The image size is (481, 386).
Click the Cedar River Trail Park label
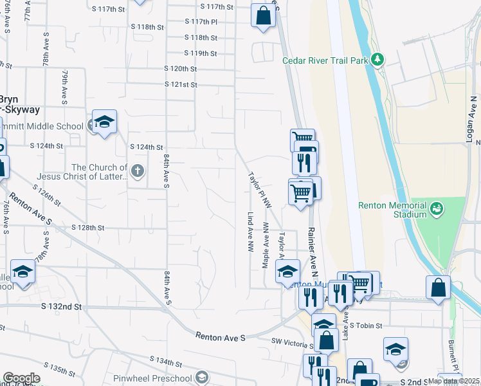[326, 60]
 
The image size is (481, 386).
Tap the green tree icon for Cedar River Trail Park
[378, 60]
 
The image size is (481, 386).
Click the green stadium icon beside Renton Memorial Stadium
[437, 208]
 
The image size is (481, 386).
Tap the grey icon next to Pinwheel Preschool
[203, 377]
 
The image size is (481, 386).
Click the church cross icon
[136, 171]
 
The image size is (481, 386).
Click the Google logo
[21, 378]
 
